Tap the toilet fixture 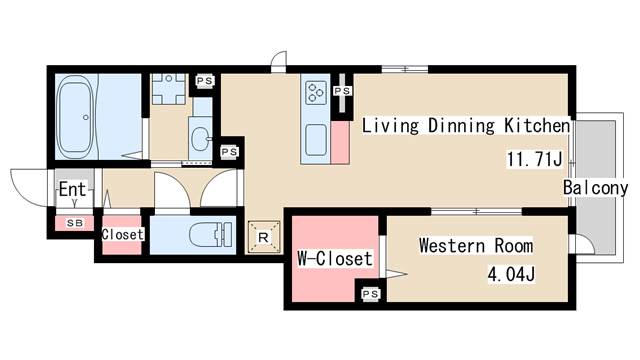pyautogui.click(x=211, y=235)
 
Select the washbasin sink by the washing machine pyautogui.click(x=200, y=138)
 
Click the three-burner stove pyautogui.click(x=316, y=93)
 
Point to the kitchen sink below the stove pyautogui.click(x=316, y=140)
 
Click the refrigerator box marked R pyautogui.click(x=264, y=237)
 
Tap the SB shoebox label pyautogui.click(x=75, y=223)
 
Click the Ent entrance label pyautogui.click(x=72, y=189)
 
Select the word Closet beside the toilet pyautogui.click(x=122, y=234)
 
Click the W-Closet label pyautogui.click(x=335, y=258)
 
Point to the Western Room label pyautogui.click(x=476, y=246)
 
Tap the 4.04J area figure pyautogui.click(x=511, y=274)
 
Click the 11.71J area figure pyautogui.click(x=534, y=159)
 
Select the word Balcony pyautogui.click(x=595, y=188)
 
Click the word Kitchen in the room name pyautogui.click(x=537, y=125)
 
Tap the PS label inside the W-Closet pyautogui.click(x=371, y=293)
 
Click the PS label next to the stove pyautogui.click(x=342, y=91)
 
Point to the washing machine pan pyautogui.click(x=169, y=89)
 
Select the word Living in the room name pyautogui.click(x=390, y=126)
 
